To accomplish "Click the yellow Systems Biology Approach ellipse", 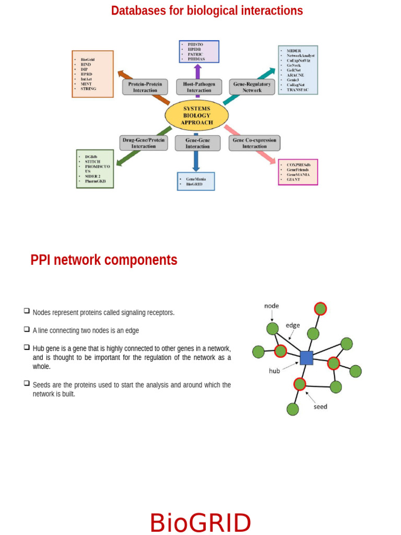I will [x=197, y=115].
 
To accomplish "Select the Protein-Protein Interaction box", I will [x=145, y=87].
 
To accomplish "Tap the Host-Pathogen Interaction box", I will [x=199, y=87].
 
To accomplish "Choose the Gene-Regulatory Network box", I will [x=252, y=87].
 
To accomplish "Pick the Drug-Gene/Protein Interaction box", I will [x=143, y=143].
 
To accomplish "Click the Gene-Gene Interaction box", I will [x=197, y=143].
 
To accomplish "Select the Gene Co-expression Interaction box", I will [x=254, y=143].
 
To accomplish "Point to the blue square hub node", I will [x=306, y=358].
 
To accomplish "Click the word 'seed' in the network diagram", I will [x=320, y=406].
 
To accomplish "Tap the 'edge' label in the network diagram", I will [x=293, y=325].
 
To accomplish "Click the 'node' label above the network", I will [x=272, y=306].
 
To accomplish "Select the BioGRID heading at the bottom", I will [x=200, y=523].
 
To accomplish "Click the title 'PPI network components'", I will [x=104, y=260].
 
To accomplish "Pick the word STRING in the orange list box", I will [x=89, y=89].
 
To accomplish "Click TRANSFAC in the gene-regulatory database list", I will [x=298, y=90].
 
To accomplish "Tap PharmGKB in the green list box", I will [x=95, y=181].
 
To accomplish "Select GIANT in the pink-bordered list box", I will [x=293, y=179].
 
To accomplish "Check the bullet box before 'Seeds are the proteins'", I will [x=26, y=383].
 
